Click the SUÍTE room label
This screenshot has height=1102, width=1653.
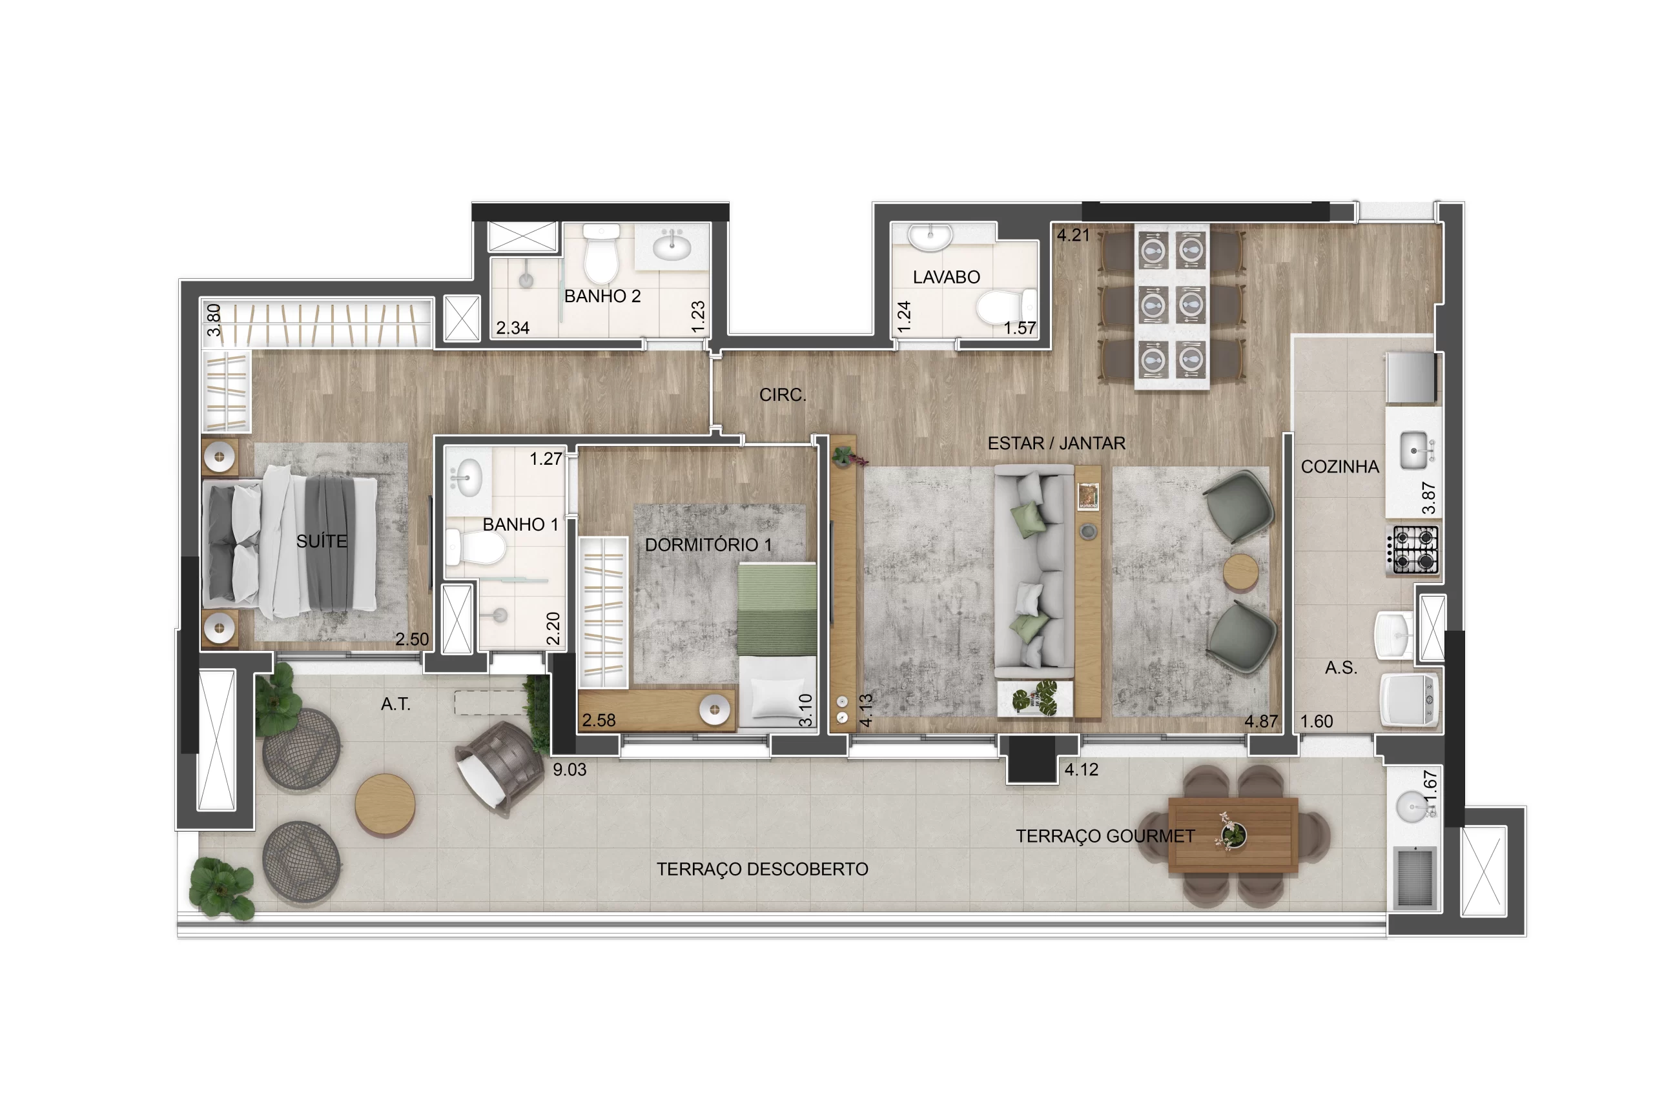tap(322, 541)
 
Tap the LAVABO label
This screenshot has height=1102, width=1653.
tap(946, 277)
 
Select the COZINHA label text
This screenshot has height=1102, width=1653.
tap(1340, 467)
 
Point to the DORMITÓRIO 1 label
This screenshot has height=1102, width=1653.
tap(708, 545)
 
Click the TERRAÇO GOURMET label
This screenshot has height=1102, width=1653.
tap(1105, 835)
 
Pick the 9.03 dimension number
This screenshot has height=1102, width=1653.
tap(570, 770)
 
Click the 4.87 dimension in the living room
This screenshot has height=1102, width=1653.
tap(1261, 721)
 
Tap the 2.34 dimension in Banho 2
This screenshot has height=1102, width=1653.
tap(512, 327)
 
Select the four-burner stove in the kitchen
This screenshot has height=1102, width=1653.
tap(1413, 550)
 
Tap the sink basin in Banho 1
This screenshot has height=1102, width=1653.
tap(467, 477)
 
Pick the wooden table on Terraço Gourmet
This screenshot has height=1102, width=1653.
tap(1233, 835)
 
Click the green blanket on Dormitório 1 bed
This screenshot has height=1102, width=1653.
tap(777, 609)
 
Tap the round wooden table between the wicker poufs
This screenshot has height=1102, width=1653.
tap(385, 805)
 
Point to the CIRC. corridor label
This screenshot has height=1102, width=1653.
tap(782, 395)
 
